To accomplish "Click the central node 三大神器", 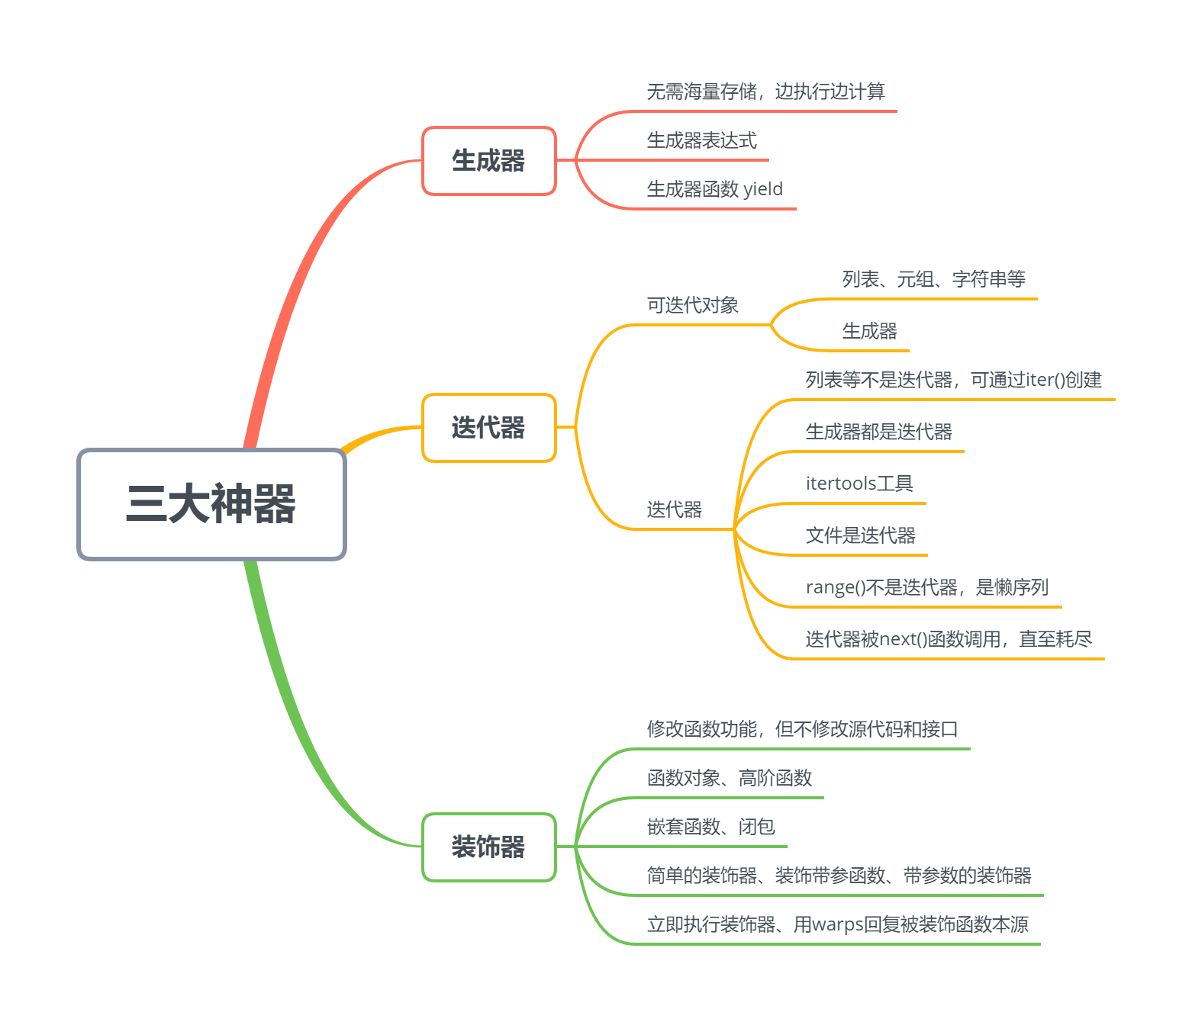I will (x=211, y=504).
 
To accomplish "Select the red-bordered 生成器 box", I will (x=488, y=161).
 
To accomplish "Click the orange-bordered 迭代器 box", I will (x=488, y=428).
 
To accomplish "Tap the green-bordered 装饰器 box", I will (x=488, y=847).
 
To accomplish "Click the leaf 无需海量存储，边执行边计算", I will (x=765, y=92).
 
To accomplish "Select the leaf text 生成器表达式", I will (x=701, y=141).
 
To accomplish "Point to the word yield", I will (x=763, y=189).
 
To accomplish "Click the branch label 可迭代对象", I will (x=692, y=306).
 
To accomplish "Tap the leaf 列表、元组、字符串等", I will (x=933, y=280).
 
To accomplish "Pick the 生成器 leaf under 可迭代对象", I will (x=869, y=332).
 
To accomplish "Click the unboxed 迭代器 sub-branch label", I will (x=674, y=510).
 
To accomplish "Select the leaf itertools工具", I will (x=859, y=484).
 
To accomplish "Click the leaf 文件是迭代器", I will (x=860, y=536).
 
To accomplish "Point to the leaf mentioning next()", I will (x=949, y=640).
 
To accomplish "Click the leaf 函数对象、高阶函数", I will (x=729, y=779).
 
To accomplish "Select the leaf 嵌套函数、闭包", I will (x=710, y=828).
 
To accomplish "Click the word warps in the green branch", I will (x=838, y=925).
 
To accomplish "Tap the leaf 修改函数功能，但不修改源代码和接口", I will (x=802, y=730).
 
